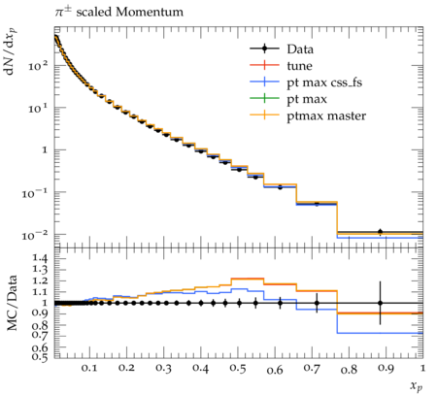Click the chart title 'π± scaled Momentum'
(x=118, y=13)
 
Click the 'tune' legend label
(x=299, y=66)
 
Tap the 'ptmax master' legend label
(x=326, y=115)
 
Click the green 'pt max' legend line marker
(x=264, y=98)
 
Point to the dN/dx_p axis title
(x=11, y=52)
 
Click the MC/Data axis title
(x=12, y=303)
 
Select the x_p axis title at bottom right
(x=417, y=385)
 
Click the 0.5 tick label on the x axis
(x=238, y=369)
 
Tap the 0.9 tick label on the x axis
(x=386, y=369)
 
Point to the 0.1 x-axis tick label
(x=89, y=369)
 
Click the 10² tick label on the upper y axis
(x=38, y=66)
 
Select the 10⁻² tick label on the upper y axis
(x=34, y=235)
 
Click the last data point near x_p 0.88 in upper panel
(x=381, y=232)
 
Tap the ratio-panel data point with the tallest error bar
(x=381, y=303)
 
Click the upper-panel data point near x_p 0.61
(x=280, y=187)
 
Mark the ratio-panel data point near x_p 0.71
(x=317, y=303)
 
